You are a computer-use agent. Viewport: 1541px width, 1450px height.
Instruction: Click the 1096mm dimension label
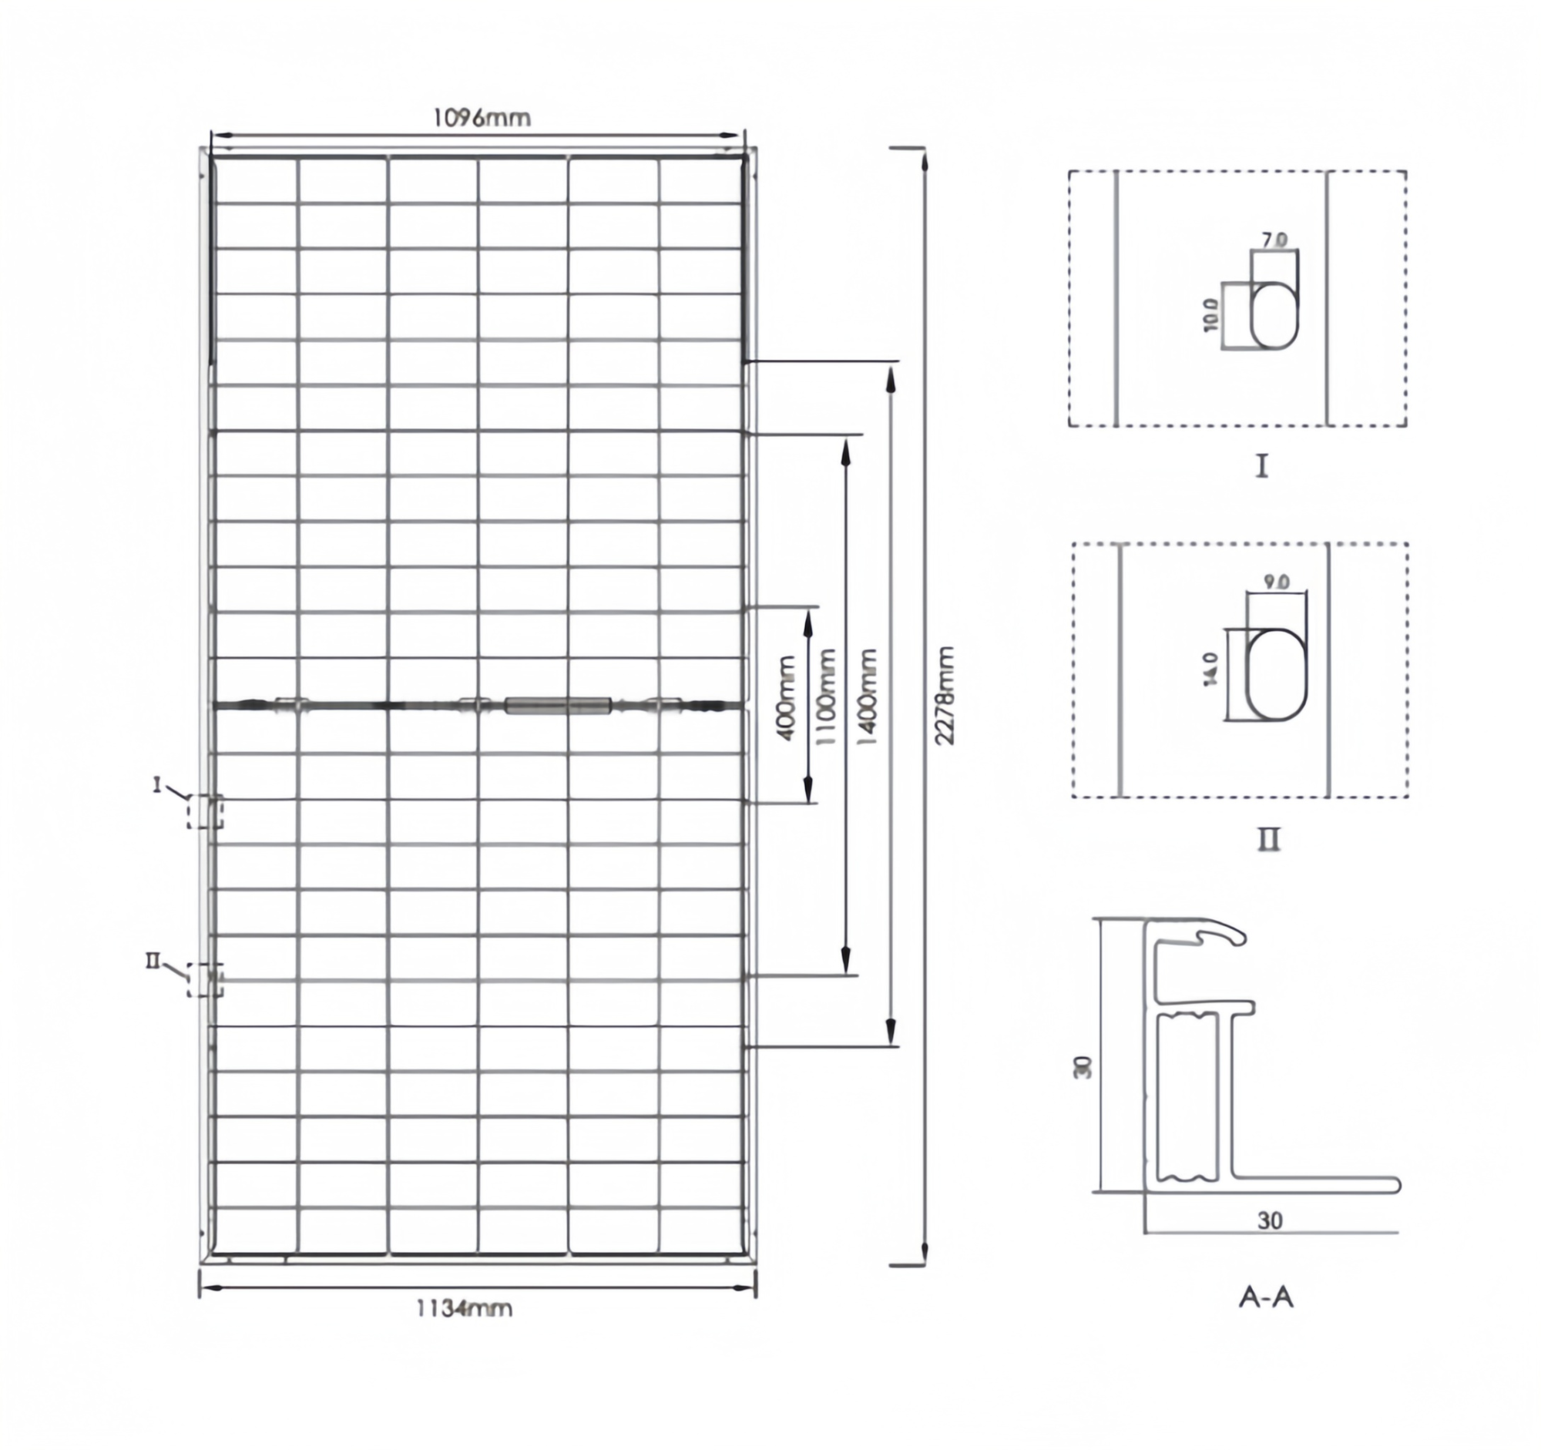[482, 118]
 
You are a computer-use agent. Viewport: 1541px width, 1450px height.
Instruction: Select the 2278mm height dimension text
[944, 695]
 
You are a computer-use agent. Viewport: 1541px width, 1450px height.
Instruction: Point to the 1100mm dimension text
[827, 696]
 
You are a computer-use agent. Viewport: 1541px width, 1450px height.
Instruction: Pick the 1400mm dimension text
[867, 696]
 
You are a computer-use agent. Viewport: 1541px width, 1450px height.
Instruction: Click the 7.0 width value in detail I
[1274, 240]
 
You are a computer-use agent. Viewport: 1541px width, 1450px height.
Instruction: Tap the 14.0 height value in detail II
[1210, 669]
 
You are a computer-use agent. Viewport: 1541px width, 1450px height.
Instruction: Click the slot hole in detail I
[1274, 315]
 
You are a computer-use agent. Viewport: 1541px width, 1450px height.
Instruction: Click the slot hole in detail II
[1276, 674]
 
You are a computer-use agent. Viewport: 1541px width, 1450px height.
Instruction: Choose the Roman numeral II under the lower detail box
[1268, 839]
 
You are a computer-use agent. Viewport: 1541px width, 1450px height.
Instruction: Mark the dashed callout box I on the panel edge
[205, 811]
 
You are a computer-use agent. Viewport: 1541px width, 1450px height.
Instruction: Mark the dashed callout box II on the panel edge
[205, 979]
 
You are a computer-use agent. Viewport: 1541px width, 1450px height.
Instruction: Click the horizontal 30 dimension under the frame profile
[1270, 1220]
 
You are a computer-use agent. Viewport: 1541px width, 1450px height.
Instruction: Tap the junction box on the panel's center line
[557, 705]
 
